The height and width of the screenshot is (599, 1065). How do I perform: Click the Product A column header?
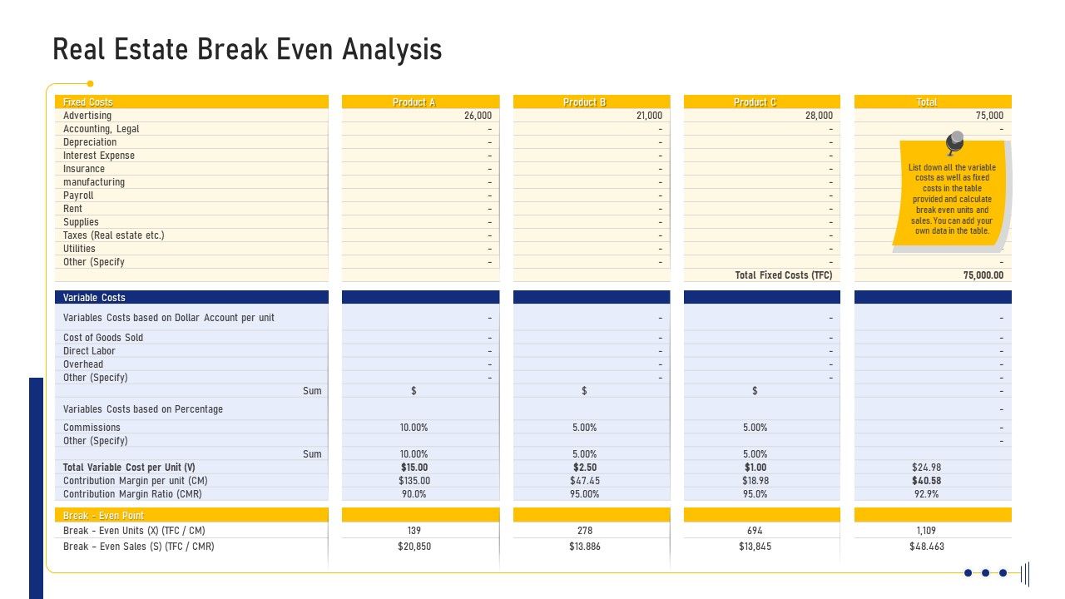(414, 102)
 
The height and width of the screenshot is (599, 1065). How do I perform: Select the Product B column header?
(584, 102)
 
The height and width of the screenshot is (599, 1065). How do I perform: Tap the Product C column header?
(755, 102)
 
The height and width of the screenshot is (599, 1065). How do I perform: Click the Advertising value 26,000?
(478, 116)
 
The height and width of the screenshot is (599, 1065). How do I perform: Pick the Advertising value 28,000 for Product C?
(819, 116)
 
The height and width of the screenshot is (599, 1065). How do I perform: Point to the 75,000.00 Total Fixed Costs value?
(983, 275)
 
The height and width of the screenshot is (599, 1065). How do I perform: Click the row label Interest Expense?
(99, 156)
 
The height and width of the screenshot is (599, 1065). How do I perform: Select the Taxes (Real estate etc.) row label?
(114, 235)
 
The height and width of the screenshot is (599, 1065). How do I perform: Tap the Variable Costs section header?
(94, 298)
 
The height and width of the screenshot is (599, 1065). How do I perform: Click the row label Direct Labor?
(89, 351)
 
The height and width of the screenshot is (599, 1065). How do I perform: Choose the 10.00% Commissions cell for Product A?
(414, 428)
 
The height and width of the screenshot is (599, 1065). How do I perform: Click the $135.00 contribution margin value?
(414, 481)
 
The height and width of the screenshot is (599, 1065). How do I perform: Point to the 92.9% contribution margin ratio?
(926, 494)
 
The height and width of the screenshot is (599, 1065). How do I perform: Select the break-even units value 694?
(755, 531)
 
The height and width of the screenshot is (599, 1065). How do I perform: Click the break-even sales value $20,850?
(414, 547)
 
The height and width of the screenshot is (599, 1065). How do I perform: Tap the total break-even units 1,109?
(926, 531)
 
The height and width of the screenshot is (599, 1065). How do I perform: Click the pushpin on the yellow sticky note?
(954, 142)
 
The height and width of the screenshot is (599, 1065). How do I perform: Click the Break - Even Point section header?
(103, 516)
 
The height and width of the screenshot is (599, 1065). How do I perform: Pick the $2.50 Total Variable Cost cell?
(584, 468)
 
